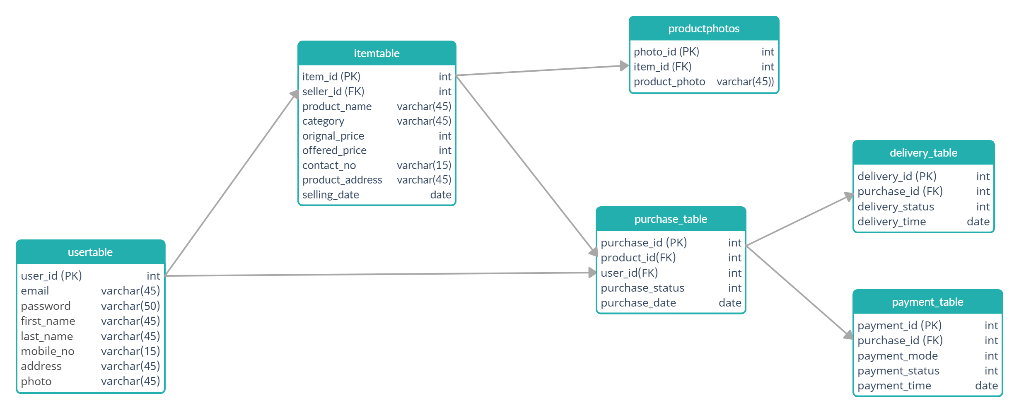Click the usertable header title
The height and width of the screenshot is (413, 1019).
pyautogui.click(x=90, y=252)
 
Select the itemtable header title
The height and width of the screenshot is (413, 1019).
pyautogui.click(x=377, y=53)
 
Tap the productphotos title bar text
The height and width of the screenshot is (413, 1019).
pyautogui.click(x=704, y=28)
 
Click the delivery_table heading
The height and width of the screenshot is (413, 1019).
pyautogui.click(x=923, y=152)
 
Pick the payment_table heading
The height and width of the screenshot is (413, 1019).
pyautogui.click(x=927, y=302)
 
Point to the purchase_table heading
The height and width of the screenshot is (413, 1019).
pyautogui.click(x=671, y=219)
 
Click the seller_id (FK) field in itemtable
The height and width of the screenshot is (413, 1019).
pyautogui.click(x=333, y=91)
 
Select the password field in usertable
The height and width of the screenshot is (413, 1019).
pyautogui.click(x=46, y=306)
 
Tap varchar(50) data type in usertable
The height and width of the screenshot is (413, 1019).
pyautogui.click(x=130, y=306)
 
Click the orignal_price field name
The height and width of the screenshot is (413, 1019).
pyautogui.click(x=333, y=135)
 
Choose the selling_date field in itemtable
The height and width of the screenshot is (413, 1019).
pyautogui.click(x=331, y=194)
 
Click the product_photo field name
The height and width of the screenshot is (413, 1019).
pyautogui.click(x=669, y=81)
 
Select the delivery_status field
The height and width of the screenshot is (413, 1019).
pyautogui.click(x=896, y=206)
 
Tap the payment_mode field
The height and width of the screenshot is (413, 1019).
pyautogui.click(x=897, y=355)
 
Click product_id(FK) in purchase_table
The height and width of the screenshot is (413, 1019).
pyautogui.click(x=638, y=257)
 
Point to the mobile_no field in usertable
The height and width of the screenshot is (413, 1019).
pyautogui.click(x=48, y=351)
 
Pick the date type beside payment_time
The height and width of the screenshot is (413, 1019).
pyautogui.click(x=986, y=385)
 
